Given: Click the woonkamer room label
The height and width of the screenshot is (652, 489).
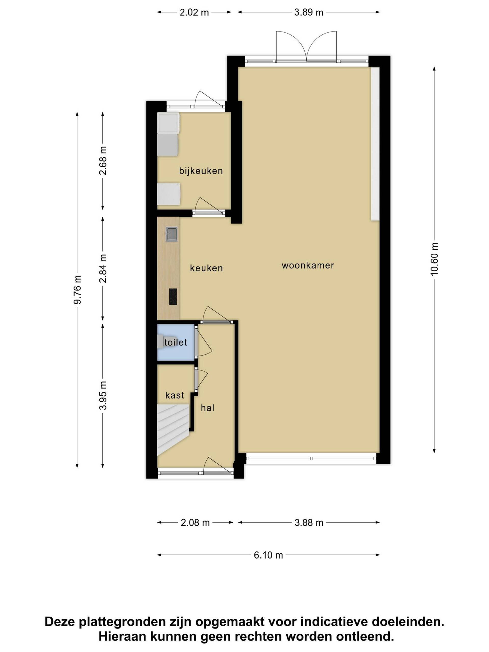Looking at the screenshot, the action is click(x=308, y=265).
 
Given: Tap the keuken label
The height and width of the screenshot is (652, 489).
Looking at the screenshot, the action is click(x=206, y=268).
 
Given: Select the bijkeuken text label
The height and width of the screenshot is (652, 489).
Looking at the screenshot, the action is click(x=201, y=171).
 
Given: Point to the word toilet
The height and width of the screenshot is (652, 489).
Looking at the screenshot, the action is click(x=176, y=342).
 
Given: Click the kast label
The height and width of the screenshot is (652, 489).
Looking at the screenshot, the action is click(x=175, y=395).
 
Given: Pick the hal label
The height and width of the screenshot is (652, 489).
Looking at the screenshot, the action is click(x=208, y=408).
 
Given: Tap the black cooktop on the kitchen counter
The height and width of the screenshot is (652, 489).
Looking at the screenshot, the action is click(x=173, y=296).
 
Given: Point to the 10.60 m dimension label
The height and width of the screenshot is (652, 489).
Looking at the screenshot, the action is click(x=434, y=259).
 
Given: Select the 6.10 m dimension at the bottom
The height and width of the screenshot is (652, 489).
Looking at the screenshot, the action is click(x=268, y=555).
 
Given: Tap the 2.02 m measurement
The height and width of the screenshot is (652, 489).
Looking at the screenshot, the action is click(x=194, y=12).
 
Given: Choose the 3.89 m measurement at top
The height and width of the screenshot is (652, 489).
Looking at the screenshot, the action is click(x=309, y=12).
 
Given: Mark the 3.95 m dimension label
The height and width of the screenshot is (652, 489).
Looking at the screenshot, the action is click(x=103, y=396).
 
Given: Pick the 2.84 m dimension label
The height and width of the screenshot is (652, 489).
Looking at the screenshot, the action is click(x=103, y=268).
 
